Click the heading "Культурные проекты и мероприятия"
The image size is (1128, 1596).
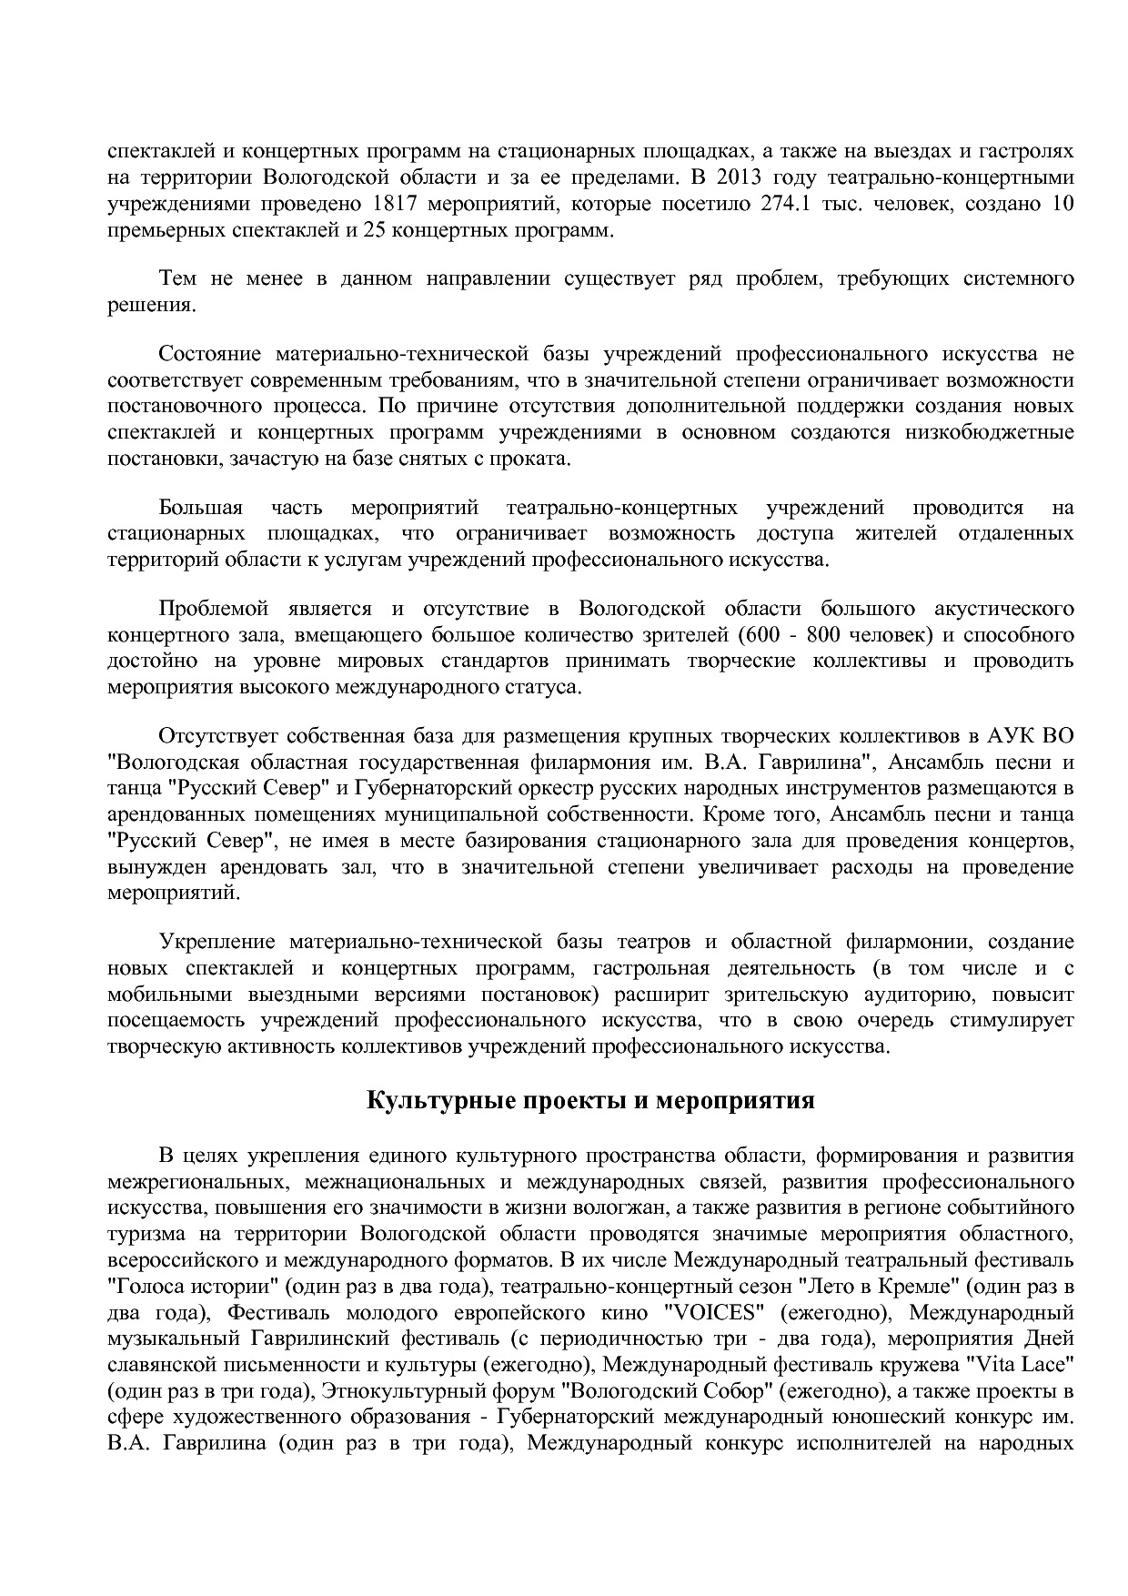(x=590, y=1101)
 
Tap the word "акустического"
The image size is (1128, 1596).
(x=1003, y=608)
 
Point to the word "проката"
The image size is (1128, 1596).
(x=537, y=458)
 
